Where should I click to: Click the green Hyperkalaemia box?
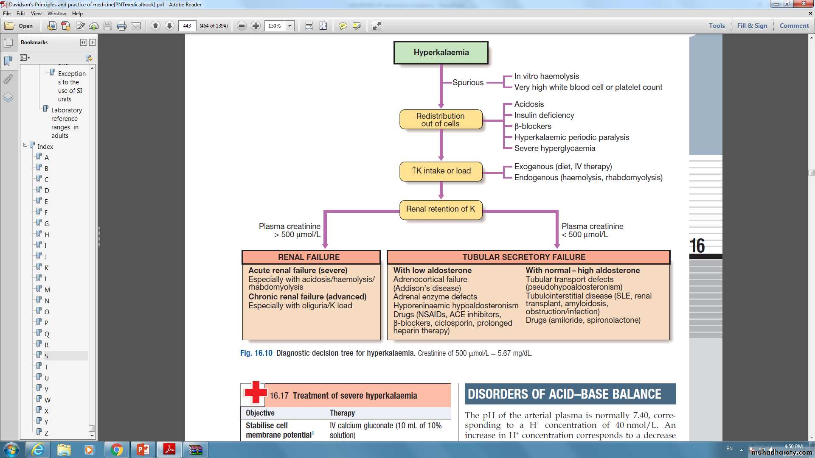pos(441,53)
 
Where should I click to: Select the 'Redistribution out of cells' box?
pos(441,120)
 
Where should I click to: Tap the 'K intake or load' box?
pos(441,171)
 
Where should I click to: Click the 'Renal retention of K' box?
pos(441,209)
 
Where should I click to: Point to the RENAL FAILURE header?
pos(309,257)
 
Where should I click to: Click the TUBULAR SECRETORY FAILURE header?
pos(524,257)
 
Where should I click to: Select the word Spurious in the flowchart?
pos(468,83)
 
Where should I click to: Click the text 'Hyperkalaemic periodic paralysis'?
pos(571,137)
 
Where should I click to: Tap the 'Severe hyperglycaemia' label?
pos(554,148)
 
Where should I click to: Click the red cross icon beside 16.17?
pos(255,393)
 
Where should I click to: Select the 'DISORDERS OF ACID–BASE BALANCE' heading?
pos(565,394)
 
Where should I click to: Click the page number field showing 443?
pos(187,26)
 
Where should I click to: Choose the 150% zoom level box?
pos(275,26)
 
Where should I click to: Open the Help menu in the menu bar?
pos(77,14)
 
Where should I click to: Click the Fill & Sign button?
pos(752,26)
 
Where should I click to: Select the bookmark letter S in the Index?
pos(46,356)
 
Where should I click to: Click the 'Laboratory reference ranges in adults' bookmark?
pos(66,123)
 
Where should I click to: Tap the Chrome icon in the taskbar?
pos(116,450)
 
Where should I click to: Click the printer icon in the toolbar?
pos(122,26)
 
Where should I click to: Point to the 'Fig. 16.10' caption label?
pos(256,353)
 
